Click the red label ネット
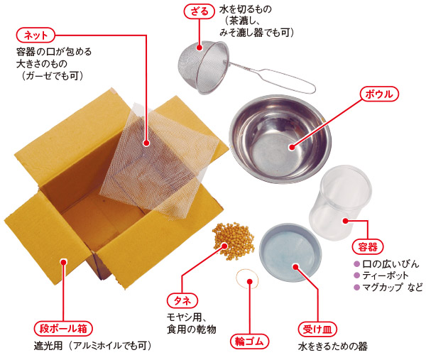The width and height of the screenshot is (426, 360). (x=35, y=36)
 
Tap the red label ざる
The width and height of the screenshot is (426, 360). (x=199, y=11)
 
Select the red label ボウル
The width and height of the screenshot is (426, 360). (x=379, y=94)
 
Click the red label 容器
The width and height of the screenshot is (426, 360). (x=367, y=247)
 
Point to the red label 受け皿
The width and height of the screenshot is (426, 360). (x=317, y=329)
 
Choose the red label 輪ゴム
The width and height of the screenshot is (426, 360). (x=249, y=342)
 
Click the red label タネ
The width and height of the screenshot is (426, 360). (x=182, y=300)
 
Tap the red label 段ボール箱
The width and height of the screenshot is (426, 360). (x=63, y=329)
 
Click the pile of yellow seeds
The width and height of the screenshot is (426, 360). (x=234, y=240)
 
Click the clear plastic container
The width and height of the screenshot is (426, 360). (x=340, y=203)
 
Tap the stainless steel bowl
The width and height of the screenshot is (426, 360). (x=280, y=138)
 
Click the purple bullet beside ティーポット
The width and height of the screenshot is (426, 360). (x=356, y=276)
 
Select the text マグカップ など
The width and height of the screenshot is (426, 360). (x=393, y=287)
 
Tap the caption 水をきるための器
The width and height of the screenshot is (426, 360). (x=333, y=347)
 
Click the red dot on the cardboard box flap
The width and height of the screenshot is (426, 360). (x=64, y=262)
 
